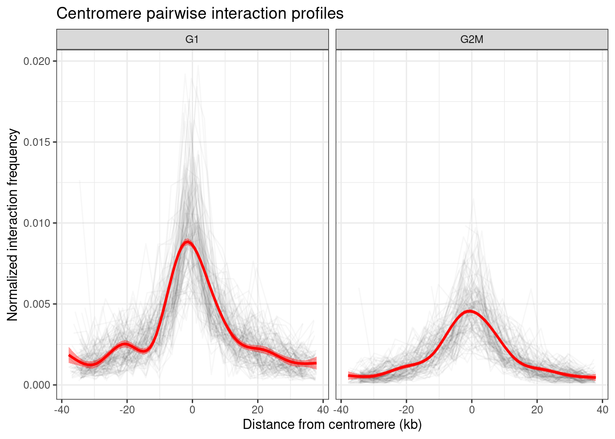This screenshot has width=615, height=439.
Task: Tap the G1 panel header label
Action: [x=192, y=39]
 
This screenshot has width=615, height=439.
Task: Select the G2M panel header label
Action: [x=472, y=39]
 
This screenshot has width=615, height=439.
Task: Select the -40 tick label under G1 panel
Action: [x=62, y=409]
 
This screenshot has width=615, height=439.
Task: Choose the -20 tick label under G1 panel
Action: [x=127, y=409]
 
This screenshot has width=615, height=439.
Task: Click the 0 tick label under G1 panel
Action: [x=192, y=409]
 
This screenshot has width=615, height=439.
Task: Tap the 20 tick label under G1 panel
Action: [x=258, y=409]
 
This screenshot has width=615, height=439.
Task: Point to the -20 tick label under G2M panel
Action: [x=406, y=409]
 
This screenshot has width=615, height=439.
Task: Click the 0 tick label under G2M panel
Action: [x=472, y=409]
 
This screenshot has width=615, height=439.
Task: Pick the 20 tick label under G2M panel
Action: [x=537, y=409]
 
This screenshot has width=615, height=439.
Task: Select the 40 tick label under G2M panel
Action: [x=602, y=409]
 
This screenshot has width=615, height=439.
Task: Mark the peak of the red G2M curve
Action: [x=470, y=311]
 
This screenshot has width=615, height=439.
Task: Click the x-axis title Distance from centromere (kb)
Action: [x=332, y=424]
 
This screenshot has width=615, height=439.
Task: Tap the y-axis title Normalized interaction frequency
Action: [x=13, y=225]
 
